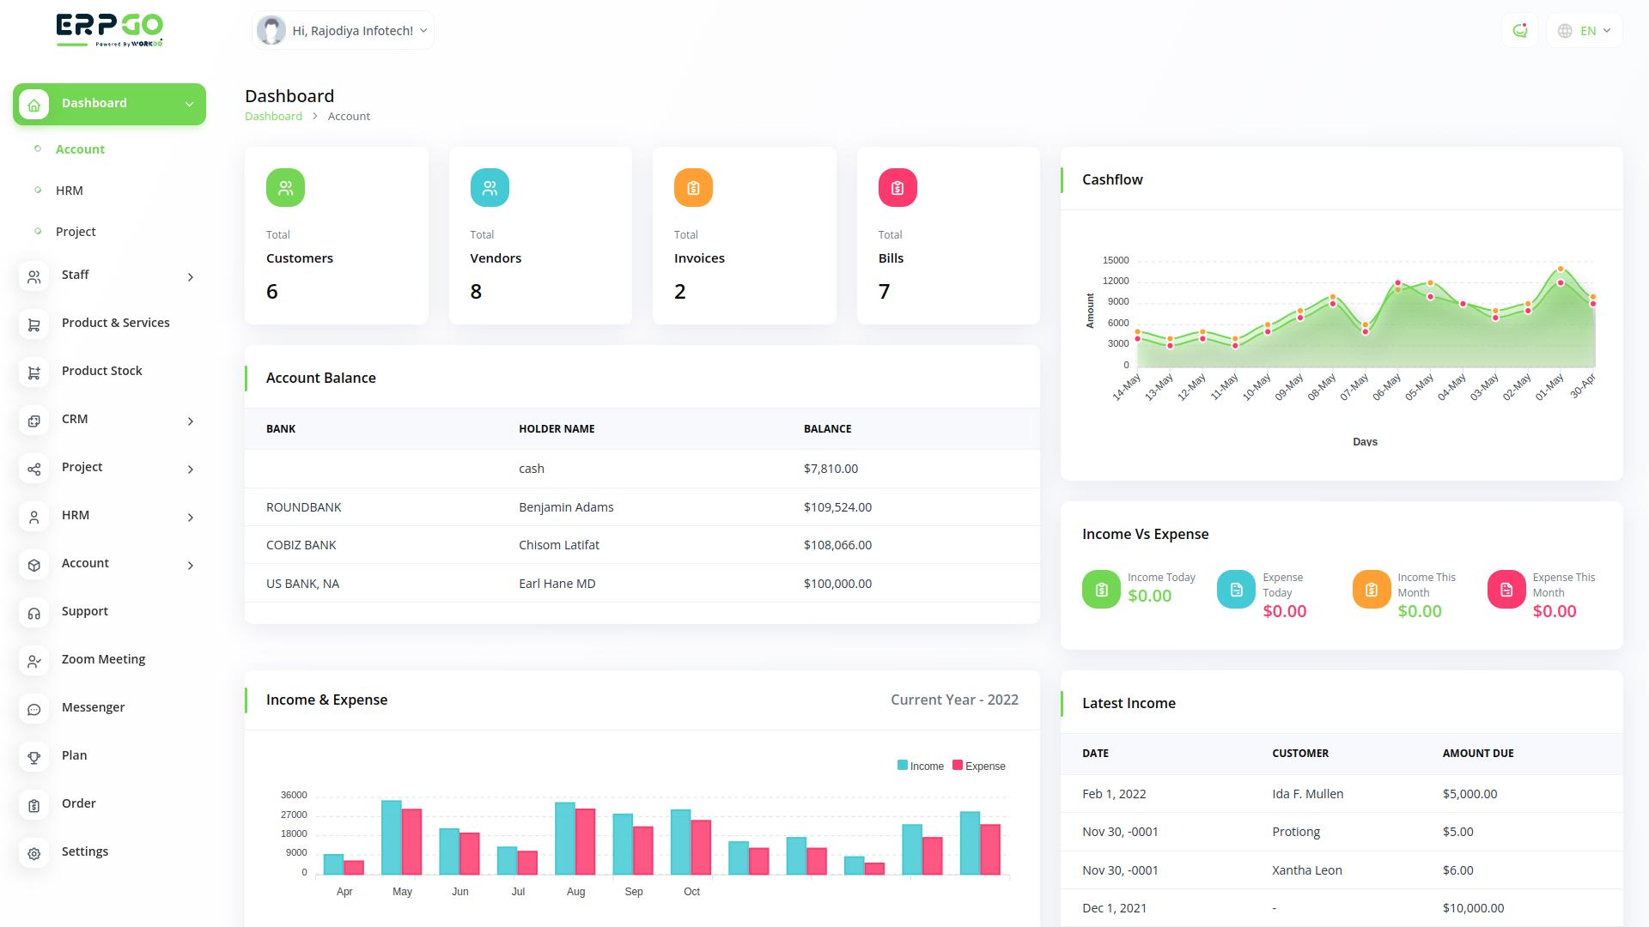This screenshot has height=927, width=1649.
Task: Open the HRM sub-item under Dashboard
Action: [x=70, y=191]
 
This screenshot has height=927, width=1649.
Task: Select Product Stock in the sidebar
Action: [x=101, y=371]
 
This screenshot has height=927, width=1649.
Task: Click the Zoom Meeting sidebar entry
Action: [x=103, y=659]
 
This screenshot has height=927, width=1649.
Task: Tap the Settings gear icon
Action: [x=34, y=853]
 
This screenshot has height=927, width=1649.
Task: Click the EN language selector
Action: [x=1585, y=31]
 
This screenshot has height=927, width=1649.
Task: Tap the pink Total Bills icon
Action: [x=898, y=188]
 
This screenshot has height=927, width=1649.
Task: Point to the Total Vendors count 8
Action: [x=476, y=292]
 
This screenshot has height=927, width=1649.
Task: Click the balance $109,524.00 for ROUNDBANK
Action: [x=837, y=507]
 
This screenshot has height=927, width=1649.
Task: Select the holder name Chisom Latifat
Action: [x=559, y=545]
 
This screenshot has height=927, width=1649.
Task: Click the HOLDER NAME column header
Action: [x=557, y=429]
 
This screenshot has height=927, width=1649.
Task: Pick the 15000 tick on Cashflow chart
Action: [x=1116, y=260]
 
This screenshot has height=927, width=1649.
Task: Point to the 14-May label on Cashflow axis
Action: [x=1127, y=387]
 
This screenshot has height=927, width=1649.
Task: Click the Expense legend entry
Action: [x=979, y=766]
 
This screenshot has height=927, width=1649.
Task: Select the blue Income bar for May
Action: [x=392, y=837]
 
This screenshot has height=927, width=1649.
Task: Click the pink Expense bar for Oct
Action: [x=701, y=847]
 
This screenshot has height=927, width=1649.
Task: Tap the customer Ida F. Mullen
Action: [x=1307, y=794]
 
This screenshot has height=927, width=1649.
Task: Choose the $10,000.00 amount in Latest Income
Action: [x=1473, y=908]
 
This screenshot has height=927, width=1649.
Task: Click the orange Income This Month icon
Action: [x=1372, y=590]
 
